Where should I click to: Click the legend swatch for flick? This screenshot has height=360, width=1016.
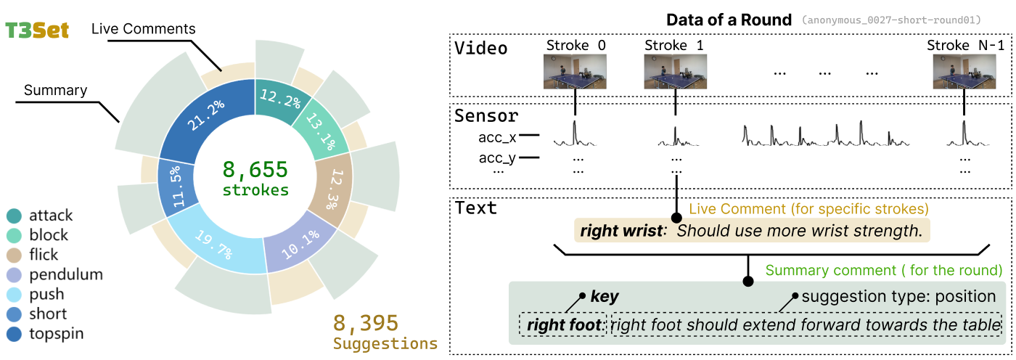click(x=14, y=255)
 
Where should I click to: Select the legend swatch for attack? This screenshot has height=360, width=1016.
click(x=14, y=216)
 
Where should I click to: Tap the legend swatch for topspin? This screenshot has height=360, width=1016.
click(x=14, y=334)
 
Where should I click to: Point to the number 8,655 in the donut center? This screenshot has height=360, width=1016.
click(x=255, y=170)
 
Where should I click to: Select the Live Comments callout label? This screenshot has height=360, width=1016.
click(x=144, y=29)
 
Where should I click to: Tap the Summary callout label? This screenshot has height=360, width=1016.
click(x=55, y=91)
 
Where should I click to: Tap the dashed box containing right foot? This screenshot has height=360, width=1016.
click(x=562, y=325)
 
